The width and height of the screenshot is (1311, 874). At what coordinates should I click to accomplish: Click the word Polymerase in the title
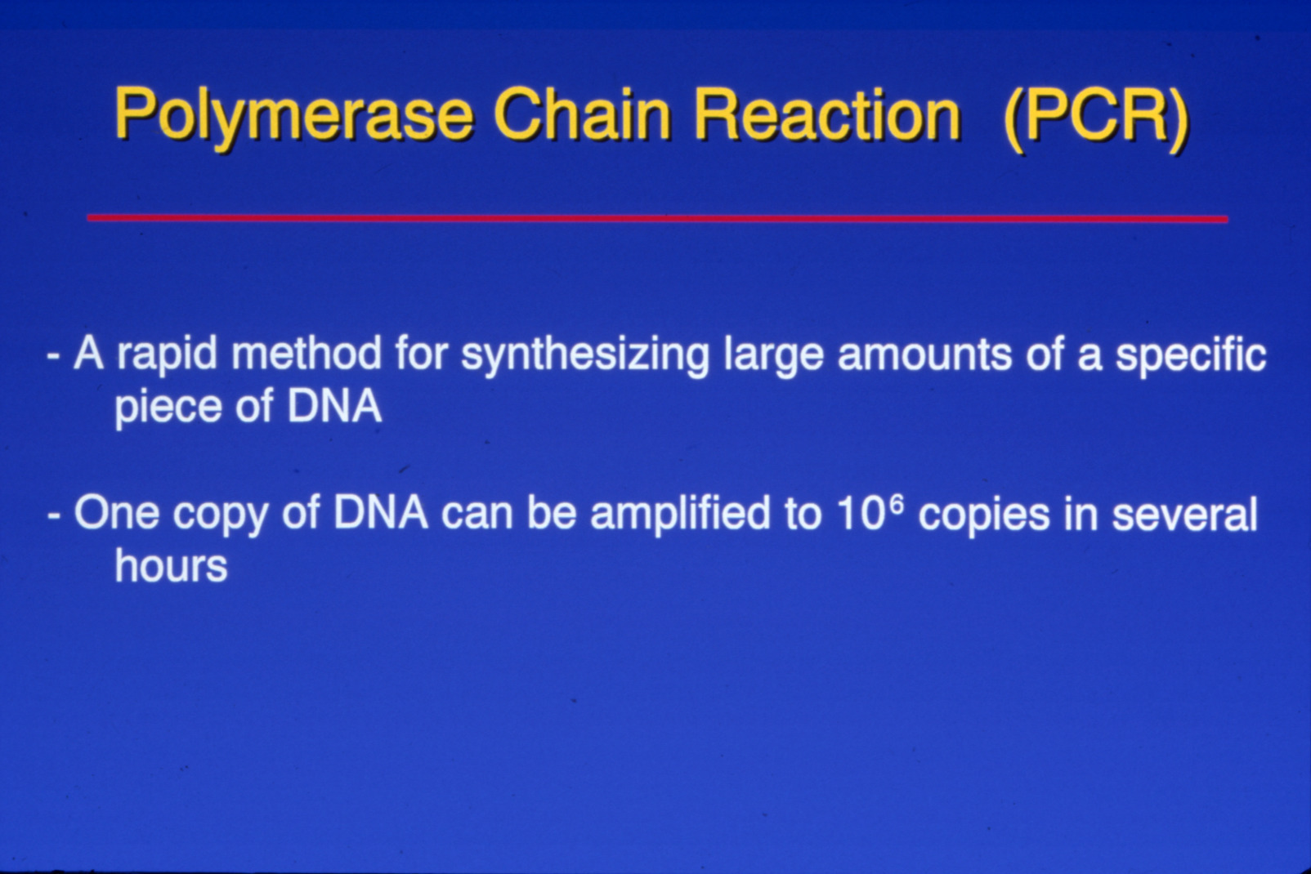293,117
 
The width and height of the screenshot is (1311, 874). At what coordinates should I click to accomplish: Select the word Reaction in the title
828,114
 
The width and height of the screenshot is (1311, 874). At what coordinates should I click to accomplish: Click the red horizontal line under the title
657,218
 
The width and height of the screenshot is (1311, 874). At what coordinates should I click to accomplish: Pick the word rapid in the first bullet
167,356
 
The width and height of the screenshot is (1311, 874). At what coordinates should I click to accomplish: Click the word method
306,354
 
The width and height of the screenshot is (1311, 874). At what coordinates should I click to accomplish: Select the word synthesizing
585,356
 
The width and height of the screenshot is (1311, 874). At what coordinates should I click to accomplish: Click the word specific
1190,356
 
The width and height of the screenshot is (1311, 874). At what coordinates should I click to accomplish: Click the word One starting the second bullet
116,512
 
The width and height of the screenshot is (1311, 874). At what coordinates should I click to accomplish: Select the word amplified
680,515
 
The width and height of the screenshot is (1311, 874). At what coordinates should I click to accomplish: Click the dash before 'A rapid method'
54,356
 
